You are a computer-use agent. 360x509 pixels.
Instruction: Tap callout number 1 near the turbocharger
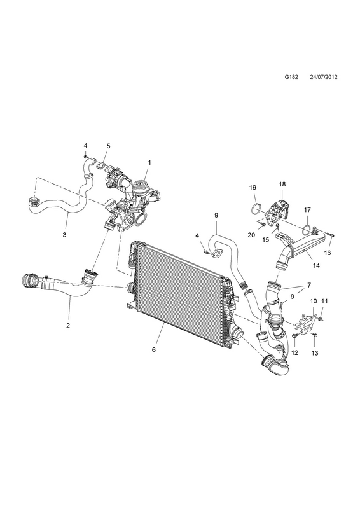[x=149, y=163]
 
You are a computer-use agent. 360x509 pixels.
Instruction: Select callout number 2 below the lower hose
[x=68, y=326]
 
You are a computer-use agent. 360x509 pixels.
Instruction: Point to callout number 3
[x=65, y=235]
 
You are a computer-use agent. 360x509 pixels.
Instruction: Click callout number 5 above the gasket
[x=108, y=146]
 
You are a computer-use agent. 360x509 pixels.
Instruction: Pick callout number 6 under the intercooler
[x=154, y=349]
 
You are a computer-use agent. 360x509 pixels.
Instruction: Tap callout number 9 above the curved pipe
[x=216, y=215]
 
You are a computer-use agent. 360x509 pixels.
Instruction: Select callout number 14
[x=317, y=265]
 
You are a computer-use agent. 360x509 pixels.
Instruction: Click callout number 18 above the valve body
[x=282, y=184]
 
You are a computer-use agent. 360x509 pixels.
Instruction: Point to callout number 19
[x=253, y=187]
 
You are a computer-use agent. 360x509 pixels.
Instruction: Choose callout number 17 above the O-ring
[x=307, y=210]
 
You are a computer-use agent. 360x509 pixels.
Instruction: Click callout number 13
[x=315, y=353]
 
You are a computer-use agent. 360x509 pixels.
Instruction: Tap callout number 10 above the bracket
[x=314, y=301]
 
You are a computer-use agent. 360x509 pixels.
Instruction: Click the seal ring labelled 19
[x=256, y=209]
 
